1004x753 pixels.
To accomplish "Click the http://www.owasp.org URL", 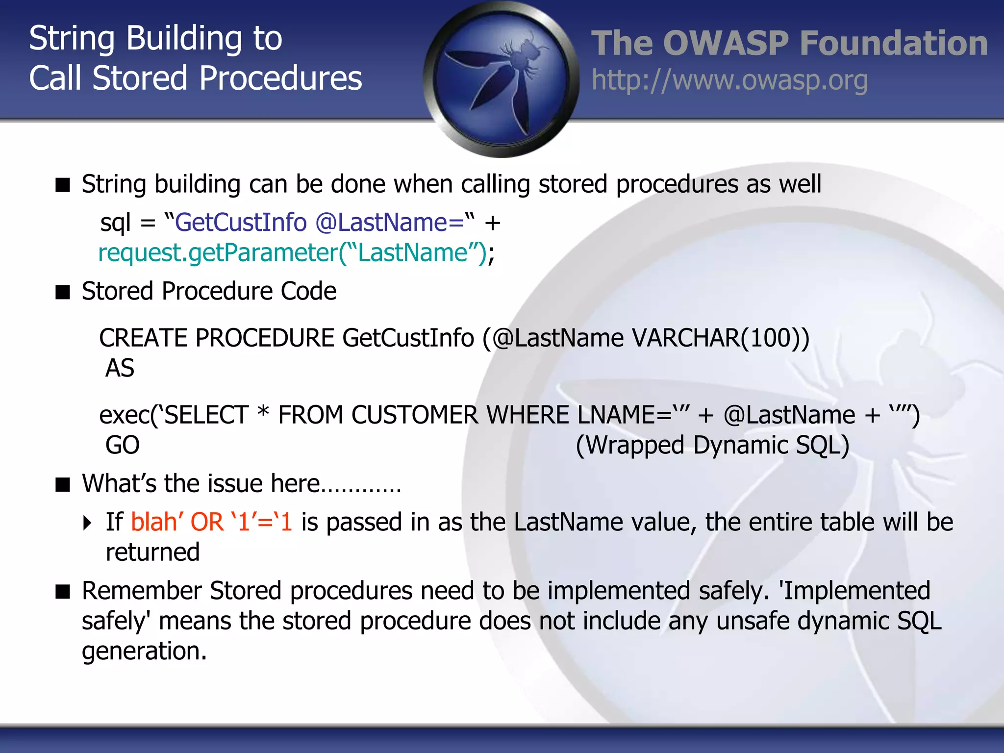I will (729, 81).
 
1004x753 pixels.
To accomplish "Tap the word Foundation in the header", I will (893, 43).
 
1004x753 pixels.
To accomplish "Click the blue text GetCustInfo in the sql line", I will (241, 223).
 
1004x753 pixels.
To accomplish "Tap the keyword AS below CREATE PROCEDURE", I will (120, 368).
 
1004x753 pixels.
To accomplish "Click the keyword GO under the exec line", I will (123, 445).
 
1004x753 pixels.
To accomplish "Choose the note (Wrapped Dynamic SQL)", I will (712, 445).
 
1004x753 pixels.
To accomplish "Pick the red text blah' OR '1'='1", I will (211, 522).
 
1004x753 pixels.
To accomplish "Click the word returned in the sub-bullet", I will (152, 552).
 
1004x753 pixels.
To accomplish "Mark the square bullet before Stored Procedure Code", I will (63, 292).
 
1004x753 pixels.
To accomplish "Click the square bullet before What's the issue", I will (63, 484).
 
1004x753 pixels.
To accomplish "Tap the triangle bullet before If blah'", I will (87, 523).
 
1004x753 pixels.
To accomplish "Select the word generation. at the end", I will (144, 652).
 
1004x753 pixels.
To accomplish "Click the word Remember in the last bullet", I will (142, 591).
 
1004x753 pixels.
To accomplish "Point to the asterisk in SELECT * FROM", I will (263, 412).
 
